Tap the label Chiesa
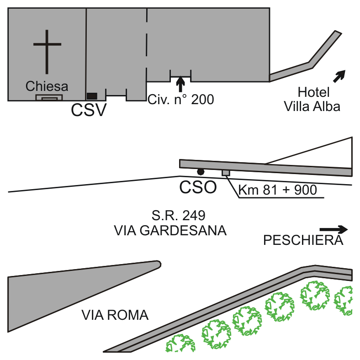coord(47,86)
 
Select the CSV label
coord(89,111)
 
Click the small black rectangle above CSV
coord(92,95)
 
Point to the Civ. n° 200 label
coord(180,99)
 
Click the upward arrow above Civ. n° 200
coord(180,84)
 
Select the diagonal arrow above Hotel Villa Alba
coord(339,76)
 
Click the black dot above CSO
coord(200,171)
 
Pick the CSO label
coord(197,187)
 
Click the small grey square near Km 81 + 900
coord(226,172)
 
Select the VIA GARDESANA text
coord(170,231)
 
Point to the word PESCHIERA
coord(303,240)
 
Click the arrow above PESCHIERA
coord(334,229)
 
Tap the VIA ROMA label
coord(115,315)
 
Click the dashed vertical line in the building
coord(147,46)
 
